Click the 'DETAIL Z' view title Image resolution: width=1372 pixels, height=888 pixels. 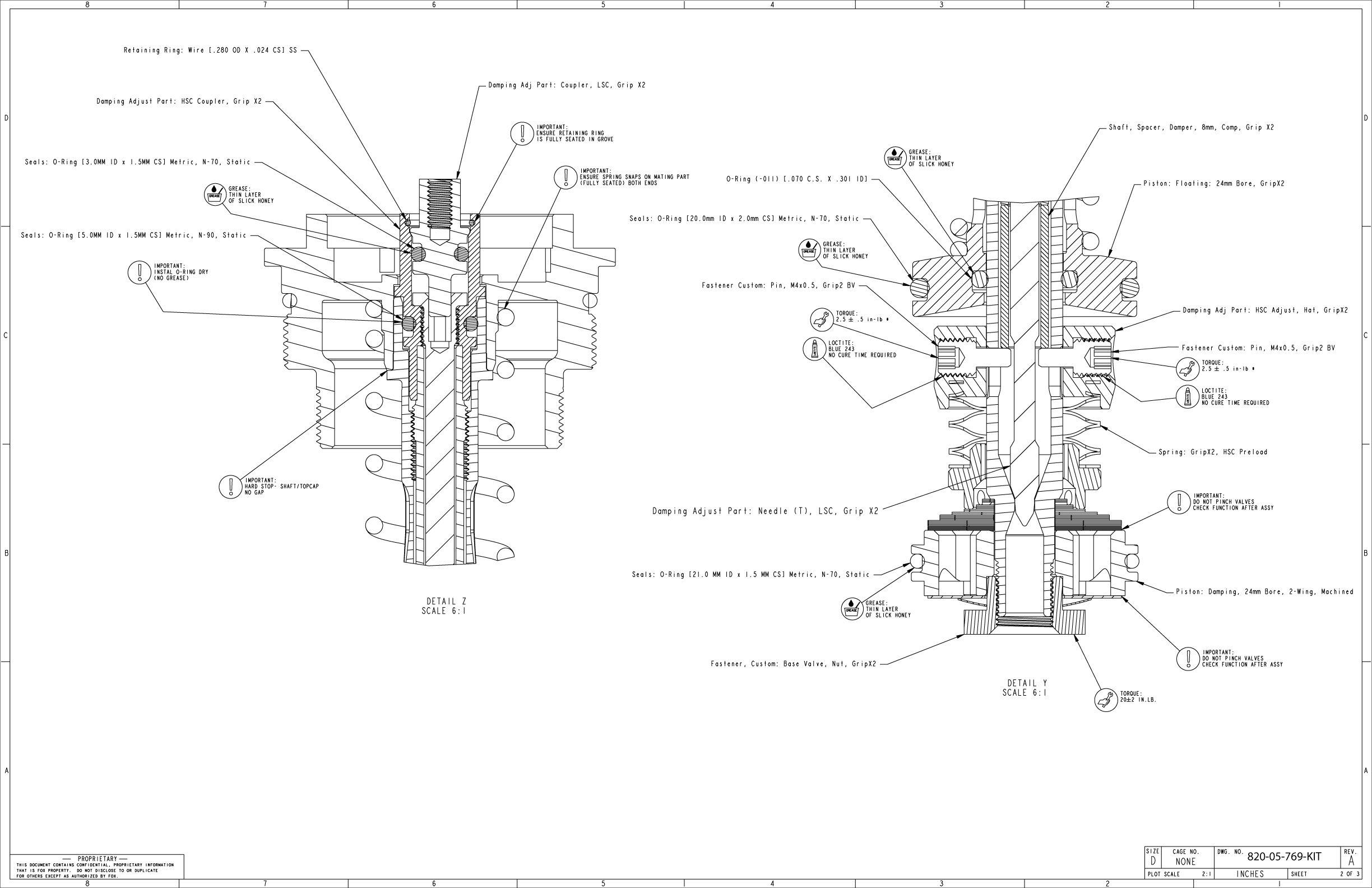(x=446, y=602)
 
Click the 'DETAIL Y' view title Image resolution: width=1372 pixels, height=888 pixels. (x=1027, y=683)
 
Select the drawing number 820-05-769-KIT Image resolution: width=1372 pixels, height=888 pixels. (x=1284, y=856)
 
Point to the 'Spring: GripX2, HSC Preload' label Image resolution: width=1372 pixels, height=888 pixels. (x=1213, y=452)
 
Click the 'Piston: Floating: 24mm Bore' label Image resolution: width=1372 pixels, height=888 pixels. (x=1213, y=184)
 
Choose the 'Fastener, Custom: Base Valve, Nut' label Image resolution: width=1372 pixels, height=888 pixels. (x=793, y=664)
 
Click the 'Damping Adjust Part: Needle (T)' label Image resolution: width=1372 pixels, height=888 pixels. (x=765, y=511)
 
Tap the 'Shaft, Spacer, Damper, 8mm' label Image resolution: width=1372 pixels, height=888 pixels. (x=1191, y=127)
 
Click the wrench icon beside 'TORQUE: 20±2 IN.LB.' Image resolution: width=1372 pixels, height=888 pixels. (x=1106, y=700)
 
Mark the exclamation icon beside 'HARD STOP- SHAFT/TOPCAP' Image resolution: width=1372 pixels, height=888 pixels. (x=230, y=487)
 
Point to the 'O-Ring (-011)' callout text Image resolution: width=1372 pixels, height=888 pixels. (x=796, y=179)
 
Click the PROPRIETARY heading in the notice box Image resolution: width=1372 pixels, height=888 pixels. (x=97, y=859)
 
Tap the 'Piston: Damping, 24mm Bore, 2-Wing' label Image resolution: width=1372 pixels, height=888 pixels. (x=1264, y=591)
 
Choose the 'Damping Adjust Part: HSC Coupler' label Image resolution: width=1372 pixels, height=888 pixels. (x=179, y=101)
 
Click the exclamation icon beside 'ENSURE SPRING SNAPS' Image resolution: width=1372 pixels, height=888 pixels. (x=566, y=177)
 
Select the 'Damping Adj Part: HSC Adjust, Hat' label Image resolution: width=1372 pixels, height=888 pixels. (x=1266, y=310)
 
